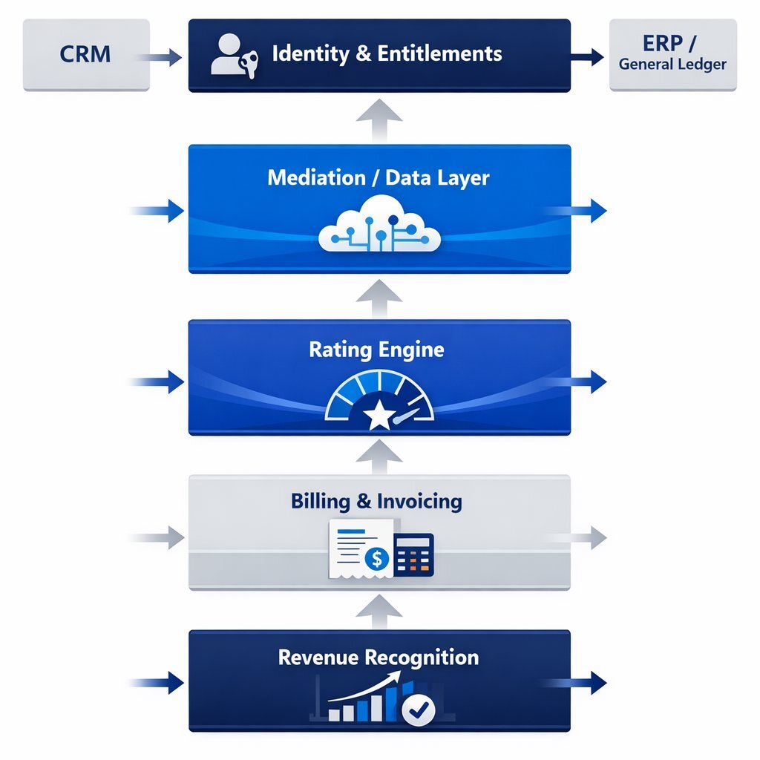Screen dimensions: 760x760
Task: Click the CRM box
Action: pos(86,55)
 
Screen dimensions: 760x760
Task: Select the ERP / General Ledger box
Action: pos(672,55)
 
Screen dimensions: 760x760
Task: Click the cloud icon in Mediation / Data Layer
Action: pos(379,224)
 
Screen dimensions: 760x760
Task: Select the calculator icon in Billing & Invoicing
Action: pos(413,554)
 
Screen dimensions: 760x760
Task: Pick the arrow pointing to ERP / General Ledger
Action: pos(589,56)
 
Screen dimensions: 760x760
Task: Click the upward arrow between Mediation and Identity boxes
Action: pos(379,119)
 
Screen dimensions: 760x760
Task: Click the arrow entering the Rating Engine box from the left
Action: pos(160,382)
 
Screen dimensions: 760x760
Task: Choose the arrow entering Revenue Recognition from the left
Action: pos(160,682)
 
